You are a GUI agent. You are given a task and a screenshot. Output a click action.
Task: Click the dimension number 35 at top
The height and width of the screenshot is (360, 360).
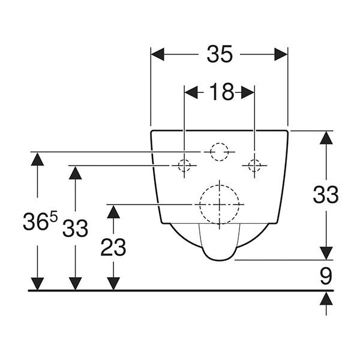pos(220,54)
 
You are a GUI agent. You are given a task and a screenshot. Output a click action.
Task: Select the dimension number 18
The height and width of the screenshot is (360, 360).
pos(222,92)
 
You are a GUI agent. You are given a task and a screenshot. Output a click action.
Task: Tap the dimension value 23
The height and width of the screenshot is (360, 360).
pos(113,247)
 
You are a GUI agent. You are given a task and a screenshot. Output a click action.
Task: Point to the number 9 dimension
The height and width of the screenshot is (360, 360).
pos(326,276)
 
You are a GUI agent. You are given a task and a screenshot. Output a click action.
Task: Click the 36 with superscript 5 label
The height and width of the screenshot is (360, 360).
pos(40,221)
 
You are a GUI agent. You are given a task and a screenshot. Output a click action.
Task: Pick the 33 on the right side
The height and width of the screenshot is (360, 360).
pos(326,194)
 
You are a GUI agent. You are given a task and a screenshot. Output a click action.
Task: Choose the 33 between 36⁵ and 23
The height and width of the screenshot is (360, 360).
pos(76,228)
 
